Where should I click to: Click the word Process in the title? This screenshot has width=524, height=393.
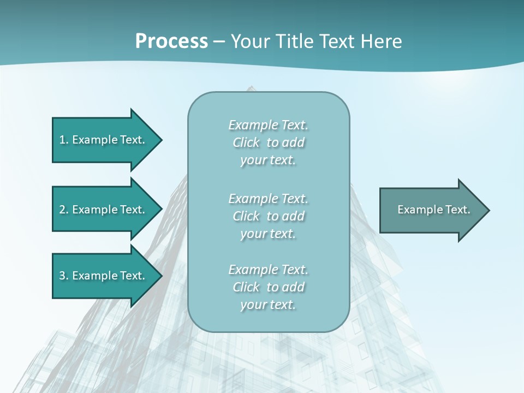click(x=171, y=41)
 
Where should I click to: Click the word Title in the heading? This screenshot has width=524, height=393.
click(x=295, y=41)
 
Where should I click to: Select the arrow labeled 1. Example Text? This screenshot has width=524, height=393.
click(x=104, y=140)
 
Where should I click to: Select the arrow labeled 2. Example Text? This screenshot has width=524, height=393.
click(x=104, y=210)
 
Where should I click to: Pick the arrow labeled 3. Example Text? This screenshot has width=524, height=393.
click(x=104, y=276)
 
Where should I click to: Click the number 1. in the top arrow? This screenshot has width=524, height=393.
click(x=64, y=140)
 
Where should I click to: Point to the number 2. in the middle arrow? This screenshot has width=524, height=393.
click(x=64, y=210)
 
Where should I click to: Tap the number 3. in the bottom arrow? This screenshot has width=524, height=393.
click(x=64, y=276)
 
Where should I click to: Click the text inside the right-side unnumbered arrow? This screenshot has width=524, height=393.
click(x=433, y=210)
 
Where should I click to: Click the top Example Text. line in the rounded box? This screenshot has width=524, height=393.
click(x=268, y=125)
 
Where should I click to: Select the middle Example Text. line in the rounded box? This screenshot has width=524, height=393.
click(x=268, y=199)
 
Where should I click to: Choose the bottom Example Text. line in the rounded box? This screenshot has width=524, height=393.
click(x=268, y=270)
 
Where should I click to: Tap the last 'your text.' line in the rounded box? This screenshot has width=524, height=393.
click(x=268, y=305)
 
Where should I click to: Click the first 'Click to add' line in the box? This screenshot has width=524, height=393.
click(x=268, y=142)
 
